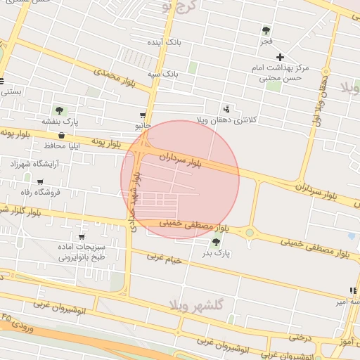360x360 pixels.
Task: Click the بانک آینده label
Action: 164,42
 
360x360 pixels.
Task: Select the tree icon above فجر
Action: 266,30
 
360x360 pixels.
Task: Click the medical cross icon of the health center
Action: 280,57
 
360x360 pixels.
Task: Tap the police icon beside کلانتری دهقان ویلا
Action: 226,109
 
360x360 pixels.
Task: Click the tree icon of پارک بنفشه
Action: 58,110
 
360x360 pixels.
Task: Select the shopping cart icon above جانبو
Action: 143,115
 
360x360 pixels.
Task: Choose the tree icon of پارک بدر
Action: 215,242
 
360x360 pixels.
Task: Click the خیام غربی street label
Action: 165,259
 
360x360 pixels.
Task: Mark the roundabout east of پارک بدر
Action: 249,233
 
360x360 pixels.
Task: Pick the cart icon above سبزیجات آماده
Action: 82,237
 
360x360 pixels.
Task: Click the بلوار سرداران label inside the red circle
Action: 180,160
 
